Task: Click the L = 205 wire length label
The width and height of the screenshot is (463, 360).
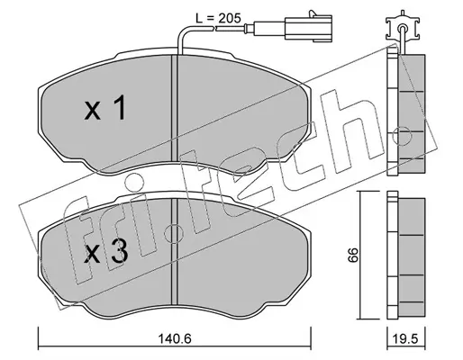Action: click(x=218, y=19)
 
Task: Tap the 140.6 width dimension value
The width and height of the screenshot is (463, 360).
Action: click(x=176, y=339)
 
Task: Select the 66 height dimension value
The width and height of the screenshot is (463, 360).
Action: click(x=353, y=255)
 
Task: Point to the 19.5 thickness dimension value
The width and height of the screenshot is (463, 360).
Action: click(x=406, y=339)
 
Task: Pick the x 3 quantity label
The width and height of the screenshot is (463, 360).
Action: click(x=106, y=251)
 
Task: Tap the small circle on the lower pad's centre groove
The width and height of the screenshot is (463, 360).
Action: click(x=175, y=234)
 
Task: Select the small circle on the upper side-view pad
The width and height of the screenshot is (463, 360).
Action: click(x=402, y=136)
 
